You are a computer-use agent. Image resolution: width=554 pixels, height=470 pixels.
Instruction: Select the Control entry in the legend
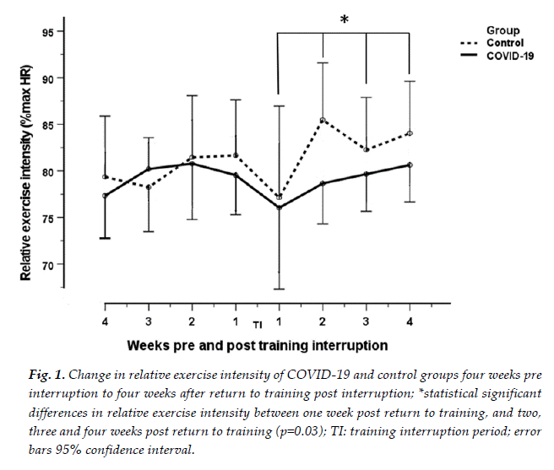tap(506, 42)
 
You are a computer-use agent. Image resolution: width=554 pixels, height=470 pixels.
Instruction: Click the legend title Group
tap(502, 30)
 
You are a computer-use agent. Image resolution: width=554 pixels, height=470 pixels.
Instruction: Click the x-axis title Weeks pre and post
tap(258, 345)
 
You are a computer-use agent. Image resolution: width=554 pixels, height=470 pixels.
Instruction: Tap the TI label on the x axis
tap(258, 324)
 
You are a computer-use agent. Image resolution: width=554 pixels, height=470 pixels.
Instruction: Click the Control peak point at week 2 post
tap(323, 121)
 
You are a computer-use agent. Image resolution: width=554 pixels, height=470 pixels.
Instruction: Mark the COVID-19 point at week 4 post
tap(410, 165)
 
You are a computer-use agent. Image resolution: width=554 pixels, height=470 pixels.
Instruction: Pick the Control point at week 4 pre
tap(105, 177)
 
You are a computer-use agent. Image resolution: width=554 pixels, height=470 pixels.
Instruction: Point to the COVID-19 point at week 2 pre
tap(192, 164)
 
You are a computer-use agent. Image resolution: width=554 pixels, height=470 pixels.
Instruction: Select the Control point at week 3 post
tap(366, 149)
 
